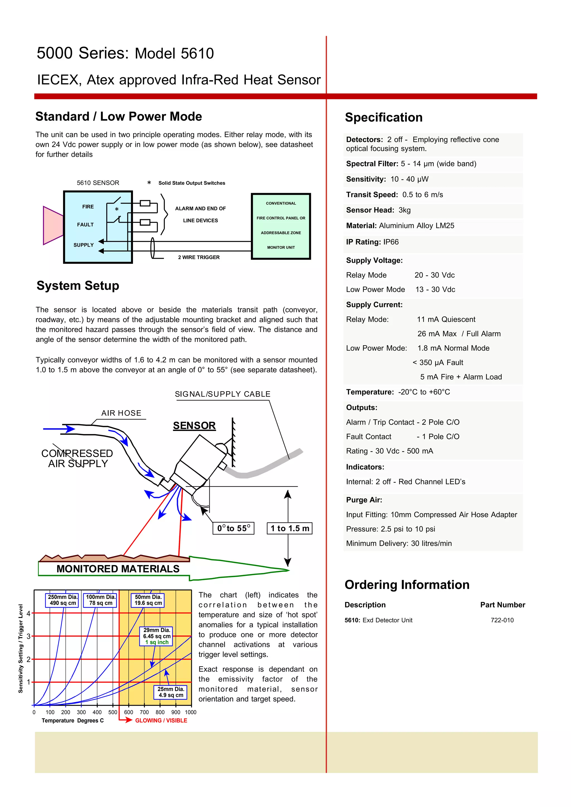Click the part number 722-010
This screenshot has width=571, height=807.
(502, 620)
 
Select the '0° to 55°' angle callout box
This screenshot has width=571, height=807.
(233, 528)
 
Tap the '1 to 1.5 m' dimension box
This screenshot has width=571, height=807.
(290, 528)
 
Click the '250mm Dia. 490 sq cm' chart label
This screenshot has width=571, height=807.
(62, 600)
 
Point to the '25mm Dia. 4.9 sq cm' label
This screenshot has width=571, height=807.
(171, 692)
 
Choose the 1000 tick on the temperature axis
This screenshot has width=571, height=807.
(191, 713)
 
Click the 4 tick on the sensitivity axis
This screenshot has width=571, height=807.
(28, 613)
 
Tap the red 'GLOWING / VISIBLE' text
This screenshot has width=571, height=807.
(161, 721)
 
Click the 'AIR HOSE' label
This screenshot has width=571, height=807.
(121, 413)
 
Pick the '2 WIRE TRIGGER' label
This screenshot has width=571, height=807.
(199, 257)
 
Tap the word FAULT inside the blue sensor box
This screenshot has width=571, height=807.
(85, 225)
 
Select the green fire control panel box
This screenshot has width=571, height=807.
(281, 226)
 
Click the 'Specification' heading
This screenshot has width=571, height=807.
(384, 117)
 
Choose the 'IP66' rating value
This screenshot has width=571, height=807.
(391, 242)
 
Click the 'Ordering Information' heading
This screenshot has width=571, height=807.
(407, 585)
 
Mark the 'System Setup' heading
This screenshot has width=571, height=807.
(78, 285)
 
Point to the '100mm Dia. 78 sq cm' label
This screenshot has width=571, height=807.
(101, 600)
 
